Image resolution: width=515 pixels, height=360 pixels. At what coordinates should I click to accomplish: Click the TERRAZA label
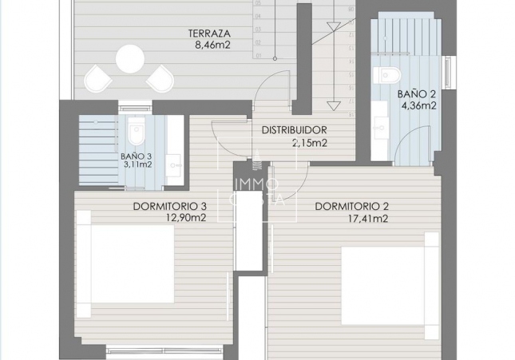[x=209, y=34]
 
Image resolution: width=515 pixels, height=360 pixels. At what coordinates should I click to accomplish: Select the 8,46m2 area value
[x=209, y=45]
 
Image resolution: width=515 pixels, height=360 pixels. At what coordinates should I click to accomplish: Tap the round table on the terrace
[x=129, y=58]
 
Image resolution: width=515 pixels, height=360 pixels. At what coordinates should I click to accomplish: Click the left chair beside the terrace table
[x=99, y=78]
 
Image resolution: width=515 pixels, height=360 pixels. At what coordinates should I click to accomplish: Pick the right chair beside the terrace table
[x=160, y=78]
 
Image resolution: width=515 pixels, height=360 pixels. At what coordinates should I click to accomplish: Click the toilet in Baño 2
[x=390, y=76]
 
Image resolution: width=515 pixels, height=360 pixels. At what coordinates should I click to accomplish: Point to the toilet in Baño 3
[x=136, y=128]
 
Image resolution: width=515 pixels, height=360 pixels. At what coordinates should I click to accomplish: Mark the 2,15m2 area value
[x=311, y=144]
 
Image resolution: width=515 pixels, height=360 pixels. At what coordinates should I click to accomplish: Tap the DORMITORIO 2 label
[x=351, y=206]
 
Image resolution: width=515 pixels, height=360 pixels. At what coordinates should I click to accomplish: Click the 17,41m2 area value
[x=368, y=218]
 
